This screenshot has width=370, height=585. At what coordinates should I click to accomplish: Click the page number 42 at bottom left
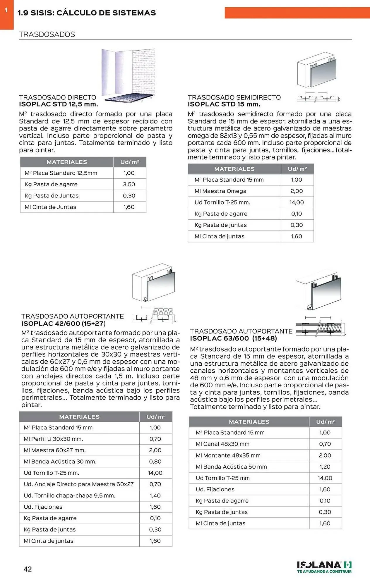(28, 569)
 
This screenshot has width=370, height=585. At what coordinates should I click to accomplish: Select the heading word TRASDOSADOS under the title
(47, 35)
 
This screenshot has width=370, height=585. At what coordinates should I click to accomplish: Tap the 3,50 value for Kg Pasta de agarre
(129, 184)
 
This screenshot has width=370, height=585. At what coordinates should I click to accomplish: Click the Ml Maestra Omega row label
(220, 191)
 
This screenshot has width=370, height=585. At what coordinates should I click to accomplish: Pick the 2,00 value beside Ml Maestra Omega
(297, 191)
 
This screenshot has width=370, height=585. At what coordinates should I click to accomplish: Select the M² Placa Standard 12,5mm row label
(61, 173)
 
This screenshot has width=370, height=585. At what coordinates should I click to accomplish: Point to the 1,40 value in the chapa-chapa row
(155, 495)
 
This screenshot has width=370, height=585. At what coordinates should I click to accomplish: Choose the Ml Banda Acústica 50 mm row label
(231, 467)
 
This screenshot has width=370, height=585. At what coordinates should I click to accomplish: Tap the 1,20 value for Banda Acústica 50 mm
(325, 467)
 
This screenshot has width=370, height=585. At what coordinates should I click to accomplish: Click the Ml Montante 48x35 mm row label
(228, 455)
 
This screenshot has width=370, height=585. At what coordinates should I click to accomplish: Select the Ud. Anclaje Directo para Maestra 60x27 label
(78, 484)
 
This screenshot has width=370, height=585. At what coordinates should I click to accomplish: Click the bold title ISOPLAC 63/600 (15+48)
(233, 338)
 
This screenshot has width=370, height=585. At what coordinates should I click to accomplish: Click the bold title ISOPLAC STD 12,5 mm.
(59, 104)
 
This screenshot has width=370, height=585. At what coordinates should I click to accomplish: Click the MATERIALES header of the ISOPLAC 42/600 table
(79, 417)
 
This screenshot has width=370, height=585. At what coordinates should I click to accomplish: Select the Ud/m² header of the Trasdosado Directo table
(130, 162)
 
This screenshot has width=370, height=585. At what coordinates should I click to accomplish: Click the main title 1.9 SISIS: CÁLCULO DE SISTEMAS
(87, 13)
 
